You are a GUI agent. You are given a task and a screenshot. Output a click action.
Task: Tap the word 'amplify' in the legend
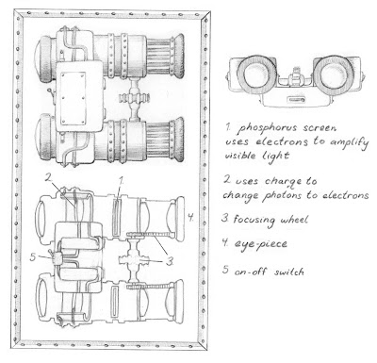coord(349,142)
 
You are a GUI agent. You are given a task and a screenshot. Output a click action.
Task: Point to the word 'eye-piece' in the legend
coord(260,244)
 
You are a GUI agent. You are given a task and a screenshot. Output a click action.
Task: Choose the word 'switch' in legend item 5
coord(288,272)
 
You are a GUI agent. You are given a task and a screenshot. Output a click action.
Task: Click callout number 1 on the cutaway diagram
coord(121,180)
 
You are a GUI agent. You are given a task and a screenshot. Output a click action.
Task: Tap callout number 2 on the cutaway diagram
coord(48,177)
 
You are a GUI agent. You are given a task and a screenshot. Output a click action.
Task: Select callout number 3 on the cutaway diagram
coord(170,261)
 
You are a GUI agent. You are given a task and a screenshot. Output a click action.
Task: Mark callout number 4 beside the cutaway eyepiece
coord(190,217)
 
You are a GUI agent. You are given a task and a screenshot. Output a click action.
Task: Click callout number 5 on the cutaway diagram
coord(33,257)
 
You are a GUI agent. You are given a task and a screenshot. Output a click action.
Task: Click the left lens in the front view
coord(255,74)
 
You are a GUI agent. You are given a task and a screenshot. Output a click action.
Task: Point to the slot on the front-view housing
coord(295,101)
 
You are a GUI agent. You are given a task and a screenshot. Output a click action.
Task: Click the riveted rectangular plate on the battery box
coord(74,98)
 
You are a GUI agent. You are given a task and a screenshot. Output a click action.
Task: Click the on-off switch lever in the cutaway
coord(50,252)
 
